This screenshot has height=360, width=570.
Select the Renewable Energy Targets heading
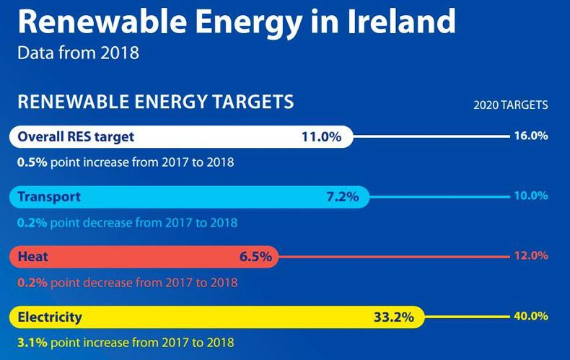click(155, 101)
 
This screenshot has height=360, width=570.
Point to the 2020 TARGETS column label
click(510, 105)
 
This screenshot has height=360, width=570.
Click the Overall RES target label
click(76, 136)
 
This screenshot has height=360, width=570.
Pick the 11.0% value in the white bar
click(321, 136)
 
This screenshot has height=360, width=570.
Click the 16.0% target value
click(531, 136)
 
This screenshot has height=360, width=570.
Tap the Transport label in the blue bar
click(49, 196)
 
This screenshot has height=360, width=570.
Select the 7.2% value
click(342, 197)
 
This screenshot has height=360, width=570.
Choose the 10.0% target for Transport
click(531, 196)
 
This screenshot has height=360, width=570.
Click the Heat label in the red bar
click(32, 256)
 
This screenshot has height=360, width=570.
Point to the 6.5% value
click(255, 256)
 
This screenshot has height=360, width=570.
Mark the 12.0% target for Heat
click(531, 255)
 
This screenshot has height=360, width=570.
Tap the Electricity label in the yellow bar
click(50, 316)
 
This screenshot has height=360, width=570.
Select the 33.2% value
click(393, 316)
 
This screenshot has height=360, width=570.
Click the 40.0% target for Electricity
click(531, 315)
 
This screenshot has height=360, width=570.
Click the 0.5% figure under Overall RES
click(32, 162)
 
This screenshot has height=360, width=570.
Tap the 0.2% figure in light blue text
click(32, 222)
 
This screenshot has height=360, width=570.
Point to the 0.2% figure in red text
click(32, 281)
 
